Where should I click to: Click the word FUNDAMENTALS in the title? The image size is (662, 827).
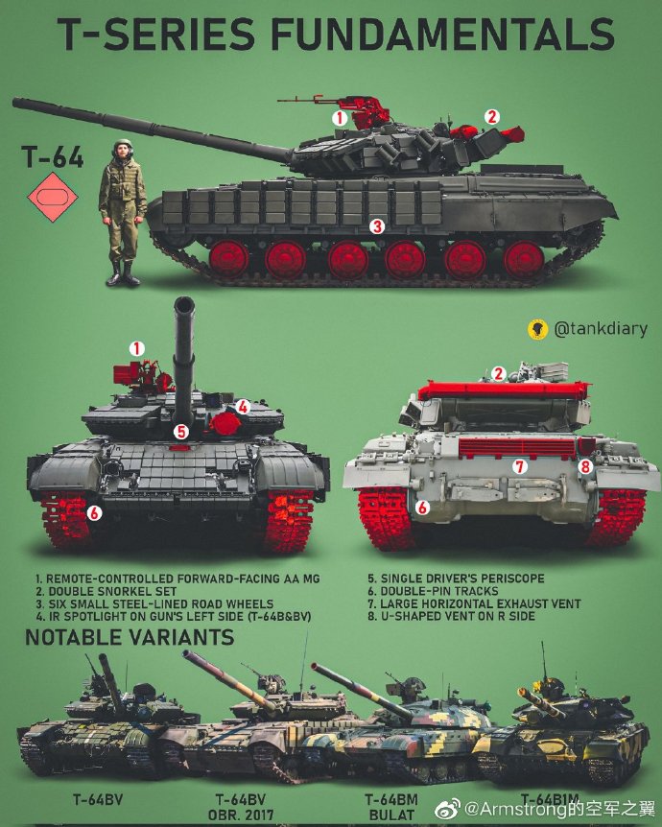tap(442, 35)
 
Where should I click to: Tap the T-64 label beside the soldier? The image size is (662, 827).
tap(53, 158)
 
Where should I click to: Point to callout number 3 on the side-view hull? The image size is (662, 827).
tap(377, 226)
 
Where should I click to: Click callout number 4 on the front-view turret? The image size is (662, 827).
tap(244, 407)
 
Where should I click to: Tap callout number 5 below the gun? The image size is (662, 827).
tap(180, 432)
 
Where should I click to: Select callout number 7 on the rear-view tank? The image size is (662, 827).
tap(519, 466)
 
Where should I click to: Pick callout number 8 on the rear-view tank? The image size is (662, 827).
tap(585, 466)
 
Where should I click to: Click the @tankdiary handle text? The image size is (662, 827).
tap(601, 329)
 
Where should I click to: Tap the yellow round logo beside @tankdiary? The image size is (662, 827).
tap(536, 329)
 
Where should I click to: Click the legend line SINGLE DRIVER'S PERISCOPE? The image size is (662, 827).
tap(456, 579)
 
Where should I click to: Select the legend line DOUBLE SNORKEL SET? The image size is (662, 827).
tap(108, 592)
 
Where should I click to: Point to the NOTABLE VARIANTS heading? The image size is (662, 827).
tap(130, 637)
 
